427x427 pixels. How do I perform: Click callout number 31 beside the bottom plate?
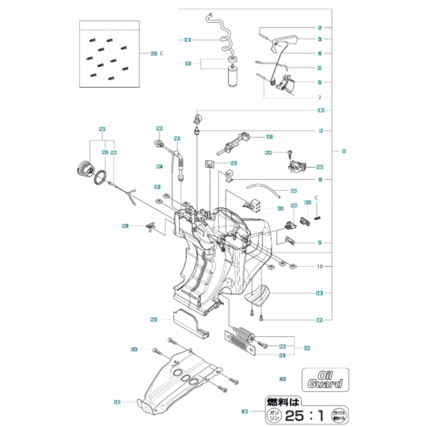tap(117, 402)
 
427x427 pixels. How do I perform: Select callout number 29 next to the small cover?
tap(153, 319)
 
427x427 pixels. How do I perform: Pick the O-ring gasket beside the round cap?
tap(99, 177)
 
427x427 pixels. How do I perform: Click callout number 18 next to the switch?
tap(249, 136)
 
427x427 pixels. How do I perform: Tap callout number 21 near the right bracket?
tap(320, 167)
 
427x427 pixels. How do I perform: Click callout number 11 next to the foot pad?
tap(319, 292)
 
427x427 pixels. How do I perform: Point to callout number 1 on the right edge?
tap(344, 151)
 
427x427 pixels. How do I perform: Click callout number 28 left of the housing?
tap(125, 226)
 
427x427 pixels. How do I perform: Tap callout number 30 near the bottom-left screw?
tap(133, 349)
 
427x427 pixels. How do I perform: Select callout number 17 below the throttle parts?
tap(321, 111)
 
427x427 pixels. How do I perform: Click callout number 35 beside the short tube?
tap(294, 190)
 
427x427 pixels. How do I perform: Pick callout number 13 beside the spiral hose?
tap(188, 40)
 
